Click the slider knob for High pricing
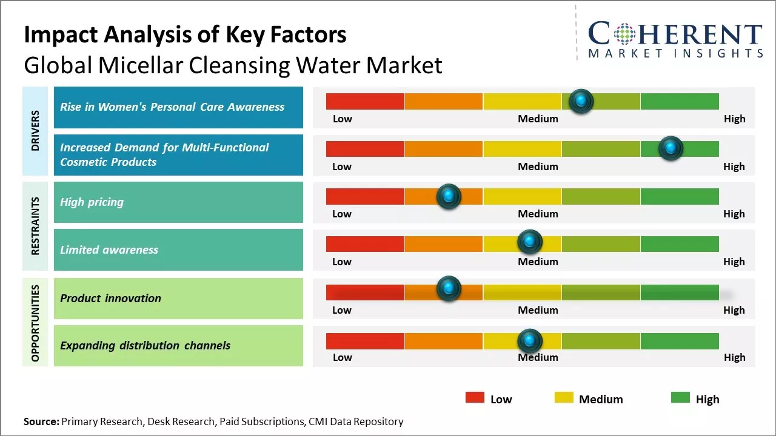tap(449, 196)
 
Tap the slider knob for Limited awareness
tap(530, 242)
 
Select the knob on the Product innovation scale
tap(449, 289)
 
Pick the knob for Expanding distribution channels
tap(530, 342)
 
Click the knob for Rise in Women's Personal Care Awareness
tap(581, 101)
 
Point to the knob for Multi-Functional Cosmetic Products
tap(671, 148)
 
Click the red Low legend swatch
tap(475, 397)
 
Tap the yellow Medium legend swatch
tap(564, 397)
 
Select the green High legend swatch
tap(680, 397)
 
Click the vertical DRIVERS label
tap(35, 131)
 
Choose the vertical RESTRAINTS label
tap(35, 225)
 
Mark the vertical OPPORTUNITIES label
tap(35, 323)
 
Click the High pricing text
tap(92, 202)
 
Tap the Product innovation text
tap(110, 298)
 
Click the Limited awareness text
tap(109, 249)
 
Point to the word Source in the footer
tap(41, 421)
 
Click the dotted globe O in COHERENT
tap(623, 34)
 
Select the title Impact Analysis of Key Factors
tap(185, 35)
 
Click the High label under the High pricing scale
tap(734, 214)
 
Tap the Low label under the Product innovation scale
tap(342, 310)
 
